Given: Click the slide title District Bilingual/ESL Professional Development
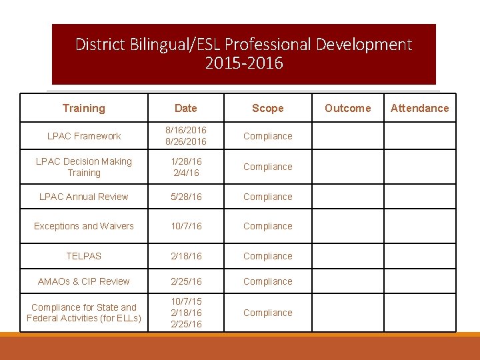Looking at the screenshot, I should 243,45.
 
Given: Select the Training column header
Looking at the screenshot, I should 84,108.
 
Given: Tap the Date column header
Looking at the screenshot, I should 185,108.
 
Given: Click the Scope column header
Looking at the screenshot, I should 267,108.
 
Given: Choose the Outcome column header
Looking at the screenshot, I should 347,108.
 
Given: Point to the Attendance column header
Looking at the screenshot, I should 419,108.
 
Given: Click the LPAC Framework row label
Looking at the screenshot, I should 84,136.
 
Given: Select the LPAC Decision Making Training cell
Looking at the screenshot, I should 84,167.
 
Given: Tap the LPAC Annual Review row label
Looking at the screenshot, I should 84,197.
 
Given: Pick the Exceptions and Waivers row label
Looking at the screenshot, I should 84,226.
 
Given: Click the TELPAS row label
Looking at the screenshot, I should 84,256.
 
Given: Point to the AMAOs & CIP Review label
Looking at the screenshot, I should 84,281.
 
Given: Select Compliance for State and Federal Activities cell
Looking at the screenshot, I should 84,313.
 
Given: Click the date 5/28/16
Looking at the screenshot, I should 186,197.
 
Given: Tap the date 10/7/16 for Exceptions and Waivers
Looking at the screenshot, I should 186,226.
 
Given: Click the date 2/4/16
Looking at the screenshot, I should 186,173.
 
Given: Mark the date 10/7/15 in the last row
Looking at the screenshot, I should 186,301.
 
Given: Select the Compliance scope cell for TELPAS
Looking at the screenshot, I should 267,256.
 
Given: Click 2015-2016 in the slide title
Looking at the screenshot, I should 244,64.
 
